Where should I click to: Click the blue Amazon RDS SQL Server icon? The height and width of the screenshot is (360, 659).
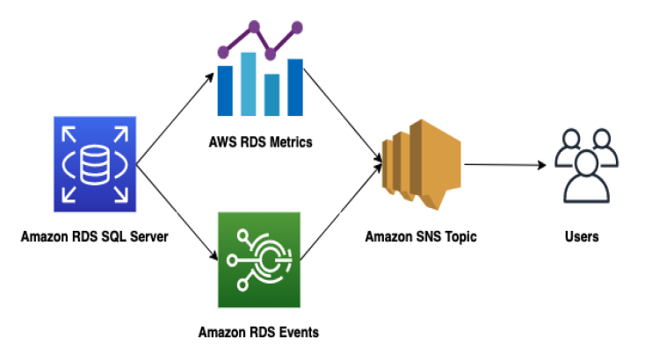(92, 166)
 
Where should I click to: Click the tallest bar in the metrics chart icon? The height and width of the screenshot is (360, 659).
(249, 83)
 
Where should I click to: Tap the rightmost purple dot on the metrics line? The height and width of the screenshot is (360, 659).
(297, 29)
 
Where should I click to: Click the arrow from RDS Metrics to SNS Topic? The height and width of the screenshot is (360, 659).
(345, 119)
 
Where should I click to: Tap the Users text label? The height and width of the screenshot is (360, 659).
(582, 236)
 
